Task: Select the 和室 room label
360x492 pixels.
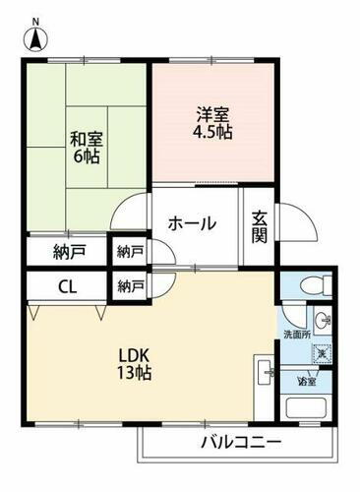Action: (x=86, y=139)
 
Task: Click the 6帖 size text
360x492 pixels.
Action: (x=88, y=157)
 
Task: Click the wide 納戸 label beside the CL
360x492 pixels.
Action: (x=70, y=252)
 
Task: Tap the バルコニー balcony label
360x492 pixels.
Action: (x=242, y=441)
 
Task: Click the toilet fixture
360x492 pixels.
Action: (x=307, y=286)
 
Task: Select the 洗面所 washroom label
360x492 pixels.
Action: (x=296, y=333)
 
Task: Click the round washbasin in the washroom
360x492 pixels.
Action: (x=326, y=320)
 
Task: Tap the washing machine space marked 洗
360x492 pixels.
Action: (x=326, y=351)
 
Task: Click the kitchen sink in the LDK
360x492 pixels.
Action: (x=267, y=374)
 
